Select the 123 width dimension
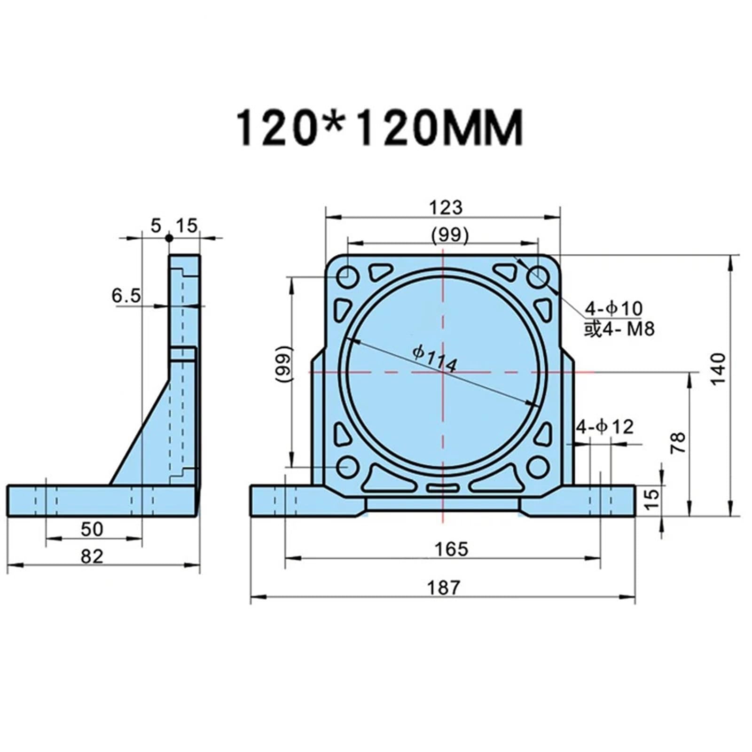click(x=446, y=207)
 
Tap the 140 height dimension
click(x=718, y=369)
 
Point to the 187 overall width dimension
click(x=443, y=587)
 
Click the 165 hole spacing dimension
click(x=451, y=549)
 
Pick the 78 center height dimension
click(x=678, y=443)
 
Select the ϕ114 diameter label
click(x=434, y=359)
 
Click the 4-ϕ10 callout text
click(x=613, y=309)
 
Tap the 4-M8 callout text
click(x=619, y=329)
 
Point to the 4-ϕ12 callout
click(x=605, y=427)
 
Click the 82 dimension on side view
click(x=92, y=556)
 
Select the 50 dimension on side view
click(x=92, y=529)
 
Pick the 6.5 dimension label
click(x=126, y=296)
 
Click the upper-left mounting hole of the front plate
click(x=348, y=276)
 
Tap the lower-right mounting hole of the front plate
click(x=538, y=467)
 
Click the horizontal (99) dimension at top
click(x=450, y=235)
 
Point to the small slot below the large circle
click(x=442, y=489)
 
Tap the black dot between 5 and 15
click(x=169, y=238)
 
